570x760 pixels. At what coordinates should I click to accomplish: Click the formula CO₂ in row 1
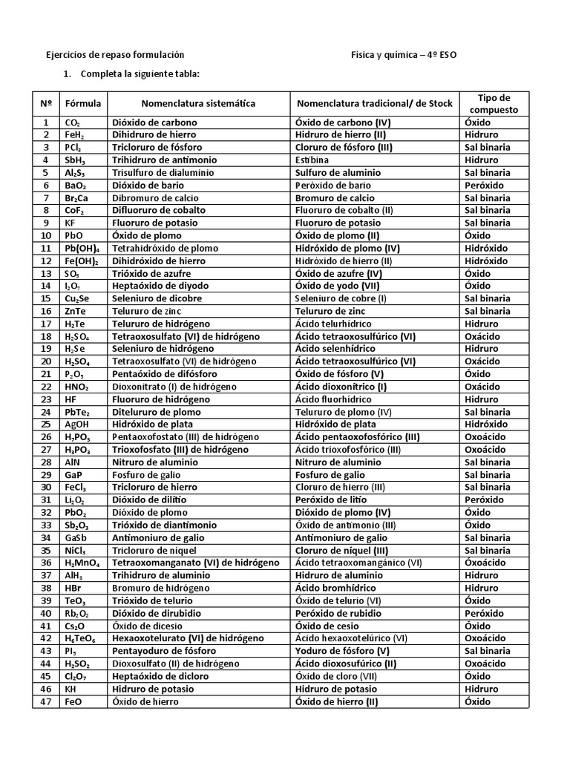73,122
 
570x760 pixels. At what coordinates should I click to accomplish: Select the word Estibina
312,160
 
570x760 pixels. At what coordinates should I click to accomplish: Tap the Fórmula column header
83,103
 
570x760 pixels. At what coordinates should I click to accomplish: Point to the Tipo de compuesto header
494,103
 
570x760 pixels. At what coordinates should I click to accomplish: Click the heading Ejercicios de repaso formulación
115,55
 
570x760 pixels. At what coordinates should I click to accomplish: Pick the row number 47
46,701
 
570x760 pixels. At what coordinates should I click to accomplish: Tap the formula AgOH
77,424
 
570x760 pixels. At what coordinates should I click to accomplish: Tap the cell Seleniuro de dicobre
157,298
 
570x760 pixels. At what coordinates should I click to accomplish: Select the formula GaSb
77,537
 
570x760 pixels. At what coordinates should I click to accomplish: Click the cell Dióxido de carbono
154,122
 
